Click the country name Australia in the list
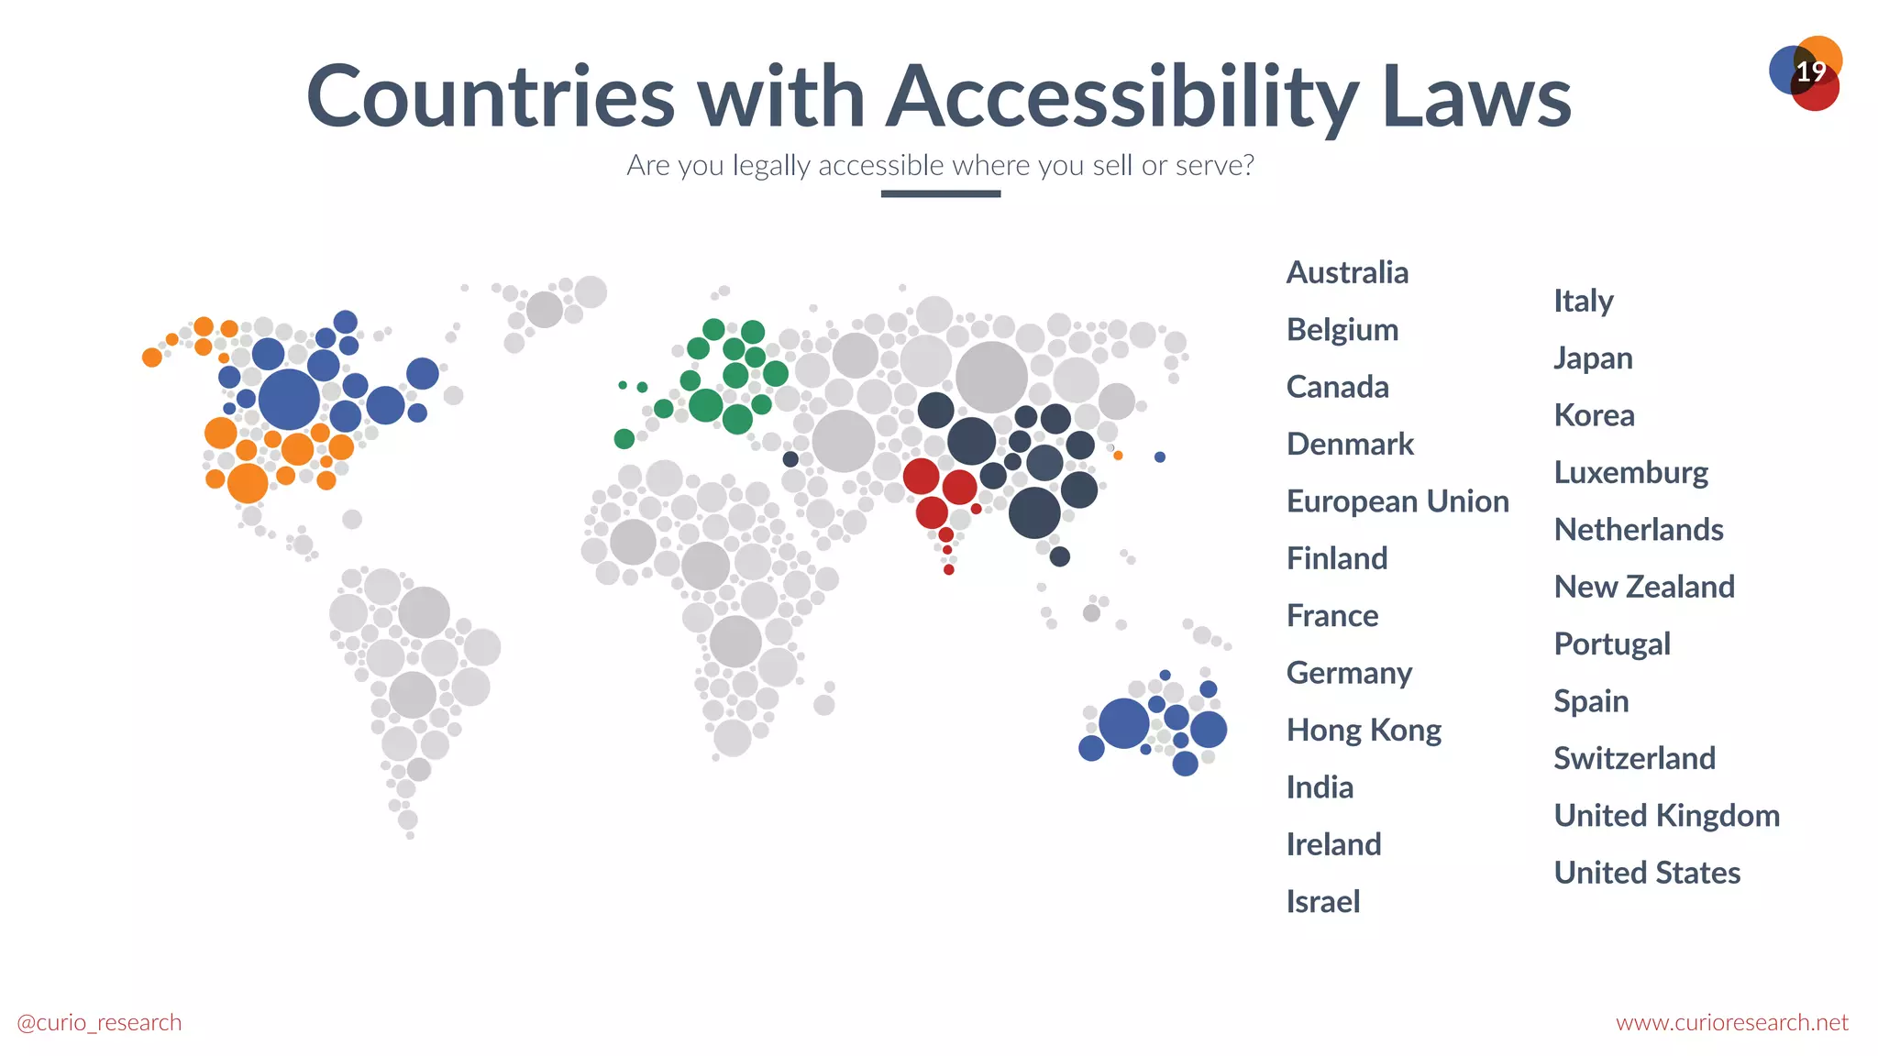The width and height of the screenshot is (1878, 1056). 1347,272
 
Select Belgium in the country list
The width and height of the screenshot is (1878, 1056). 1342,330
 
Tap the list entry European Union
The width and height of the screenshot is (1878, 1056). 1397,501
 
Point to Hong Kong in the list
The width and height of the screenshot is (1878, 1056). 1364,731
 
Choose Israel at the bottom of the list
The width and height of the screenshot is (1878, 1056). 1322,902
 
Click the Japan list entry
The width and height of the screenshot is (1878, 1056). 1593,358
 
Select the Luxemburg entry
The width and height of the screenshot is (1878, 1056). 1630,473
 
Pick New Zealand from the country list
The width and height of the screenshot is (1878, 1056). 1644,587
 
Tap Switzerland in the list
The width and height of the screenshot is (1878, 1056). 1634,758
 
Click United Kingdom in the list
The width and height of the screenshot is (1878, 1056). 1666,816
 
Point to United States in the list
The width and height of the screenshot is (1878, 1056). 1647,873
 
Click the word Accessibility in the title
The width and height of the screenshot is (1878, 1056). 1122,97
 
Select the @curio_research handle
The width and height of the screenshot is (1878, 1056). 99,1022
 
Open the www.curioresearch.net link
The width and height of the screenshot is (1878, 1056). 1731,1022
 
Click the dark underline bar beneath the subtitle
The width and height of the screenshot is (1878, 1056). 940,193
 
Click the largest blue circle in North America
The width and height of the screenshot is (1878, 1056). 289,399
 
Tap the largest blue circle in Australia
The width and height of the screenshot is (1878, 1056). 1123,723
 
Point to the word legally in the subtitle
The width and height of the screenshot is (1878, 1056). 771,166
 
